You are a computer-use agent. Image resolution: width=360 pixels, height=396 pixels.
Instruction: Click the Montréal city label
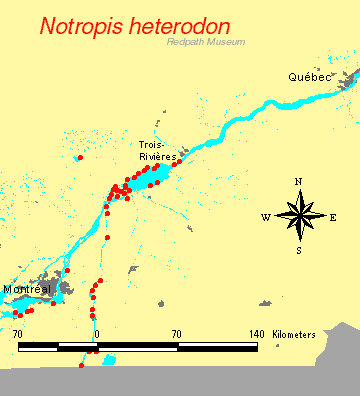click(27, 289)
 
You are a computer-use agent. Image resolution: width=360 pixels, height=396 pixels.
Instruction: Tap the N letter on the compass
click(299, 181)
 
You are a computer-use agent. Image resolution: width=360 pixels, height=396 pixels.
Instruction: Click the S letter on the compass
click(299, 250)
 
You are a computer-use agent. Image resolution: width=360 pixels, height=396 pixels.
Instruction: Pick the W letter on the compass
click(265, 217)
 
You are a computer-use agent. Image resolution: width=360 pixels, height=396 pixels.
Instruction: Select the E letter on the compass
click(333, 217)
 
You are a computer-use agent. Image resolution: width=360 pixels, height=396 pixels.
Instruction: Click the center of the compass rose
click(299, 216)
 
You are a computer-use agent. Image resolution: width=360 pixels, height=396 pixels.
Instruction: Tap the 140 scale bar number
click(256, 334)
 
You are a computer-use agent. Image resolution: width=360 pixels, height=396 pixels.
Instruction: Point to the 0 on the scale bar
click(97, 334)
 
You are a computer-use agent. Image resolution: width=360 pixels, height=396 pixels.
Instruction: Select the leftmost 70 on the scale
click(18, 334)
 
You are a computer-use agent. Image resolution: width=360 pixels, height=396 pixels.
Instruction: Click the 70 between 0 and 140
click(176, 334)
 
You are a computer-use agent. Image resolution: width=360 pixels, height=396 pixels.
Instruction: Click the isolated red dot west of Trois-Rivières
click(80, 157)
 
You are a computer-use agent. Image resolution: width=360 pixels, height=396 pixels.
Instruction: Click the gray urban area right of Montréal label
click(67, 288)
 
